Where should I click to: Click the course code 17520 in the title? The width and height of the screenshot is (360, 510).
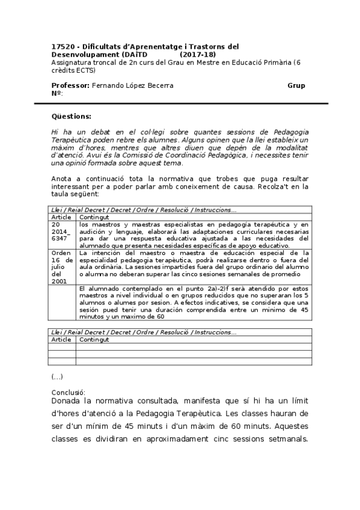click(63, 46)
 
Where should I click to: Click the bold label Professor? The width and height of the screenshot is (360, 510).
click(70, 85)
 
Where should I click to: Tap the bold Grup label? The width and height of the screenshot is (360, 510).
click(296, 85)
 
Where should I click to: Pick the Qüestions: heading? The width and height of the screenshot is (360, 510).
click(72, 116)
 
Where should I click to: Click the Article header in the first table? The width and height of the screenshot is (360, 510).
click(61, 217)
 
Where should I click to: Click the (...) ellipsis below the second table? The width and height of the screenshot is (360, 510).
click(57, 376)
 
